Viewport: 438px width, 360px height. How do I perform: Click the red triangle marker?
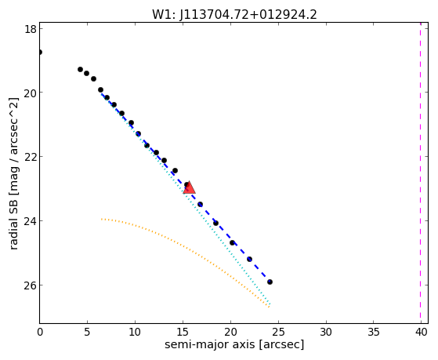(189, 187)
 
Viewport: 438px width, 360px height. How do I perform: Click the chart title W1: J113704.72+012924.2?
(234, 15)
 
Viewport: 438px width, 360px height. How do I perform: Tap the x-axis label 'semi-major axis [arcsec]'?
(234, 344)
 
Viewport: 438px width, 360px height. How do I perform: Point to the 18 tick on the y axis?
(31, 29)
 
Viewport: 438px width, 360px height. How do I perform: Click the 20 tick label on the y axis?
(31, 93)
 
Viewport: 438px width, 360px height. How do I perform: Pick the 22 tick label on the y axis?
(31, 157)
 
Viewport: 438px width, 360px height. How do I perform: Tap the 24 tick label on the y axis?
(31, 221)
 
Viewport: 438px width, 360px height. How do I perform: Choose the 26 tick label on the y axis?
(31, 285)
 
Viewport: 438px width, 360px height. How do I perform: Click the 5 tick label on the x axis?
(87, 332)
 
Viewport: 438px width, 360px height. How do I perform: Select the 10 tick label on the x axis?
(135, 332)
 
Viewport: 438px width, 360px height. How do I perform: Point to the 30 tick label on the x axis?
(326, 332)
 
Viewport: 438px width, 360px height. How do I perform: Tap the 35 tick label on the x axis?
(374, 332)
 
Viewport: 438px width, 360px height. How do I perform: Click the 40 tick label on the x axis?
(422, 332)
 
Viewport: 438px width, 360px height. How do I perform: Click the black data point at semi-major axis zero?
(40, 52)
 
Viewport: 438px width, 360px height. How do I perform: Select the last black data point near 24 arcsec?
(270, 282)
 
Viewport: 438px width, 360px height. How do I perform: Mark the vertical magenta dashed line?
(421, 173)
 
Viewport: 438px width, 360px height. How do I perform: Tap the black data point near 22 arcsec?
(249, 259)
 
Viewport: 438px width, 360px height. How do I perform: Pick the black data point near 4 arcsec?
(80, 69)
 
